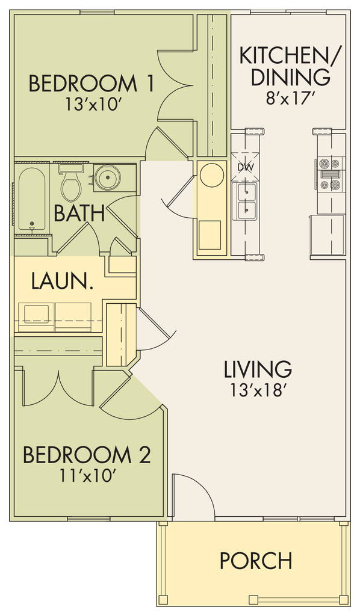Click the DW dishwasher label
pos(246,167)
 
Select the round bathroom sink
pos(108,177)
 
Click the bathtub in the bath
pos(31,200)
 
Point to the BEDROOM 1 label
pos(91,84)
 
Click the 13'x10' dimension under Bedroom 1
pos(93,105)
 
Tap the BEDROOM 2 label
pos(87,455)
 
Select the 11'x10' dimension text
pos(87,476)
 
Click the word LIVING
pos(258,369)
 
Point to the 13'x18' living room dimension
pos(258,390)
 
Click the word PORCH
pos(256,560)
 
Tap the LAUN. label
pos(62,282)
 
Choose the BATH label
pos(79,213)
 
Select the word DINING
pos(290,76)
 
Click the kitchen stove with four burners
pos(330,174)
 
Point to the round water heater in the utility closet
pos(212,174)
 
